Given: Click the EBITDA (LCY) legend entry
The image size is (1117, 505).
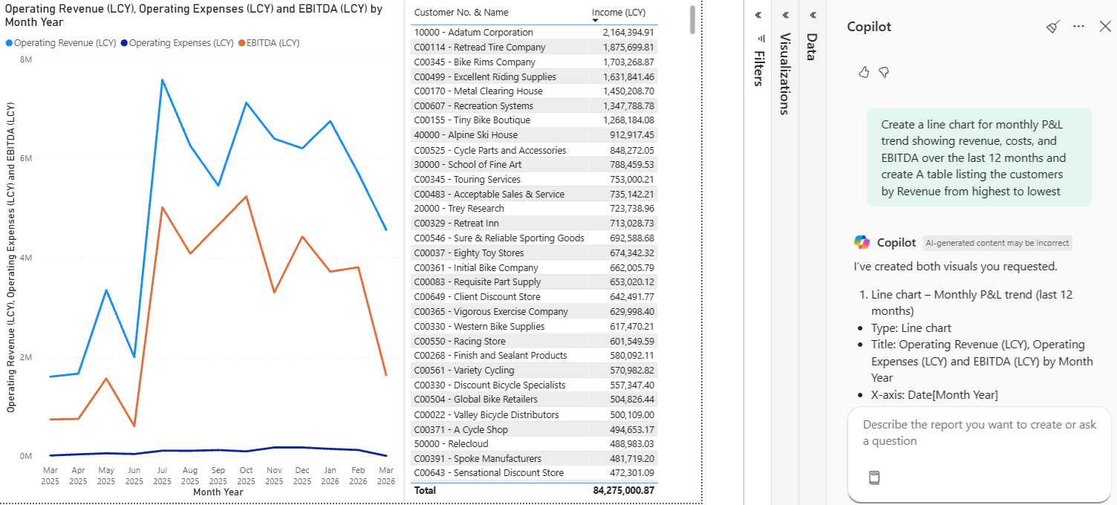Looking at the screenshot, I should click(x=271, y=43).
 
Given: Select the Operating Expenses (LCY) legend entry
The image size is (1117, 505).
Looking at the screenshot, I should click(x=181, y=43).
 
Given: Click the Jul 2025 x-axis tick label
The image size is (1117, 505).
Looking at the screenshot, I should click(x=162, y=475).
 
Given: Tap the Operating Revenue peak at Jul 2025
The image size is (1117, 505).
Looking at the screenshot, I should click(x=162, y=79).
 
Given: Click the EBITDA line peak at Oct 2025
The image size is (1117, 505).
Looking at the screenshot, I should click(x=246, y=197).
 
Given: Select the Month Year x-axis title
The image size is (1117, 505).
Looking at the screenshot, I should click(x=218, y=492).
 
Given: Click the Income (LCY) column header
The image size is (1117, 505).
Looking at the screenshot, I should click(x=619, y=13).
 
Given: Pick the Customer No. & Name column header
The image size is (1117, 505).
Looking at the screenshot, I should click(x=461, y=13).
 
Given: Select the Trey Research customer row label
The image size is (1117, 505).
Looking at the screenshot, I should click(x=459, y=209).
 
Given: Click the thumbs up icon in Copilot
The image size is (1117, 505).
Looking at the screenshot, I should click(x=864, y=72).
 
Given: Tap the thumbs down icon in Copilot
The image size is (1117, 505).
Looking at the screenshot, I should click(x=884, y=72).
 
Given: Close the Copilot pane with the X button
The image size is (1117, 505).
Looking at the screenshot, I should click(x=1104, y=26).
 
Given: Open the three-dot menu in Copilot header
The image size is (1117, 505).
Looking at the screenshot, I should click(x=1079, y=26).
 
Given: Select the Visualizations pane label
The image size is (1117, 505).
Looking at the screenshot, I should click(x=785, y=74).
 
